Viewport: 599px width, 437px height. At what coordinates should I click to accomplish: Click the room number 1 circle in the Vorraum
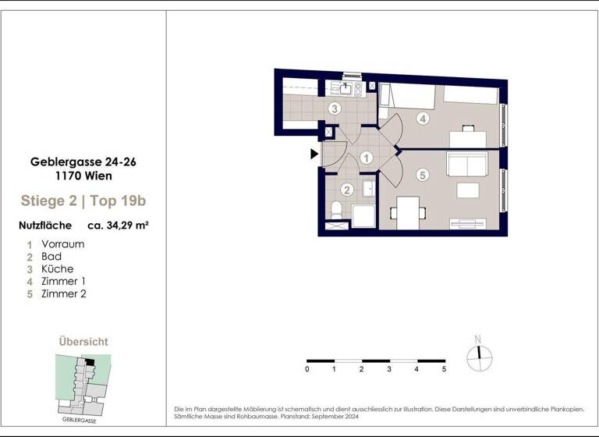coord(366,158)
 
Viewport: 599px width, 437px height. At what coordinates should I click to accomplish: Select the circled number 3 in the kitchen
coord(334,108)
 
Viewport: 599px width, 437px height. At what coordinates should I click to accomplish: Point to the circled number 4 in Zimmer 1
coord(423,119)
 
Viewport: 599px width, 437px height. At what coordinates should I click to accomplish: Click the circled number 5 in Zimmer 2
coord(422,176)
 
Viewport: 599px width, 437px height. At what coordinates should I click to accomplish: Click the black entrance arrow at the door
coord(314,154)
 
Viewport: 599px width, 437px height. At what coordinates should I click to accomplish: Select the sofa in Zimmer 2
coord(466,165)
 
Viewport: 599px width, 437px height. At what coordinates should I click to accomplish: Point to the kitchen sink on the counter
coord(345,88)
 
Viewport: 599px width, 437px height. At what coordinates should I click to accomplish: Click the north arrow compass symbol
coord(479,356)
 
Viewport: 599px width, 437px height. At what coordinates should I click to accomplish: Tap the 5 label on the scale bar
coord(444,368)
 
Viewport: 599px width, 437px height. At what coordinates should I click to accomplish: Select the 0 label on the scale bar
coord(307,368)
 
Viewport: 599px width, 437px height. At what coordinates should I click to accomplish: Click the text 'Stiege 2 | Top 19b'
coord(83,201)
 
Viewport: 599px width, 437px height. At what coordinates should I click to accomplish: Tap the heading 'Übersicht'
coord(83,342)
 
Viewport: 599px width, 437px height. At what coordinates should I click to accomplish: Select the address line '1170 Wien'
coord(83,176)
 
